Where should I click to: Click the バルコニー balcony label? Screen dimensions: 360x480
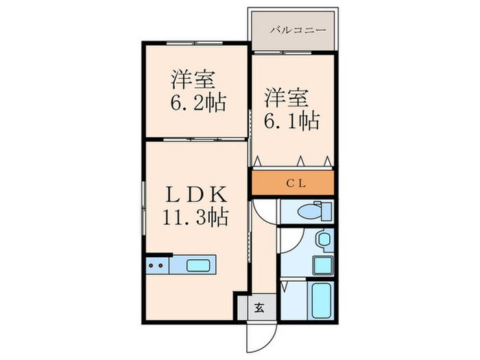click(x=293, y=29)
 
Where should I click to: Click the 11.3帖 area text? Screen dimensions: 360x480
click(x=195, y=218)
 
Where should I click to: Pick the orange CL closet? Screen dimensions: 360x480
click(x=293, y=182)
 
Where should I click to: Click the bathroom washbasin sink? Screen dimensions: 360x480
click(x=324, y=240)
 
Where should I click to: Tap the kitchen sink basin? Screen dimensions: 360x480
click(x=200, y=264)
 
